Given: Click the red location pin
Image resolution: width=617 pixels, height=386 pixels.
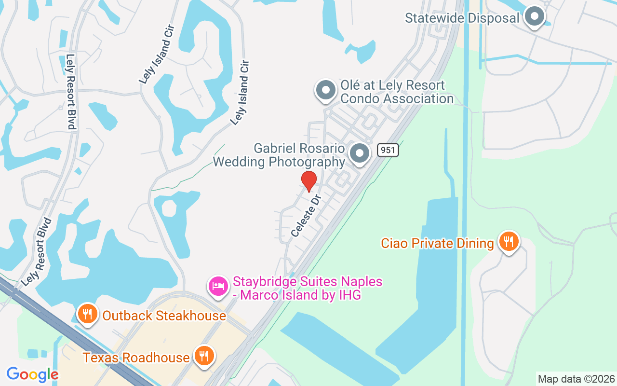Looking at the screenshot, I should tap(308, 181).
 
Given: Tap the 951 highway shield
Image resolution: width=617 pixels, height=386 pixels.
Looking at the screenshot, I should tap(388, 150).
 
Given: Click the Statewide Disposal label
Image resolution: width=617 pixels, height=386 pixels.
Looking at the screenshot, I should tap(462, 18).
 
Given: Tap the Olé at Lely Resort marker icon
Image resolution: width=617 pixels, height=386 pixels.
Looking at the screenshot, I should tap(326, 90).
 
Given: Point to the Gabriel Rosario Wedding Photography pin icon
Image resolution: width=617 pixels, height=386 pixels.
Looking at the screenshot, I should tap(359, 153).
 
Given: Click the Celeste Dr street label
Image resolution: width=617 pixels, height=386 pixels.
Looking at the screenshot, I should tap(306, 216).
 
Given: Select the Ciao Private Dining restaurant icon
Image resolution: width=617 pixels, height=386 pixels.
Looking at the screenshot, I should tap(509, 241).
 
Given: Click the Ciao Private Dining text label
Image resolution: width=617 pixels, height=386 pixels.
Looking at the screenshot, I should tap(437, 243).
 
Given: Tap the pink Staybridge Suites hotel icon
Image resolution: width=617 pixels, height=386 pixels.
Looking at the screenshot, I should tap(218, 286).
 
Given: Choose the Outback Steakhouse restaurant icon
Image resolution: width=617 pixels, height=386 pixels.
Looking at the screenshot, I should tap(87, 314).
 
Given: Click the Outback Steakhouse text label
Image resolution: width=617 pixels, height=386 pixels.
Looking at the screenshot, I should tap(164, 316).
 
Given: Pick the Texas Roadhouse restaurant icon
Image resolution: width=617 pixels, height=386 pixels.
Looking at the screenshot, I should tap(204, 356).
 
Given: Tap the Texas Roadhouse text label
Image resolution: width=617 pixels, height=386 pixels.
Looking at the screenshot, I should tap(136, 358).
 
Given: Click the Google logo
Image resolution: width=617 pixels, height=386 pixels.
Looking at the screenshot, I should tap(32, 374).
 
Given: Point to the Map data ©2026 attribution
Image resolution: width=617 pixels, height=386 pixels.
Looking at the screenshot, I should tap(577, 379).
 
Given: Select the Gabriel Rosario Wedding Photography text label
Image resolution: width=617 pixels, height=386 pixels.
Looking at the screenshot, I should tap(279, 155).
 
